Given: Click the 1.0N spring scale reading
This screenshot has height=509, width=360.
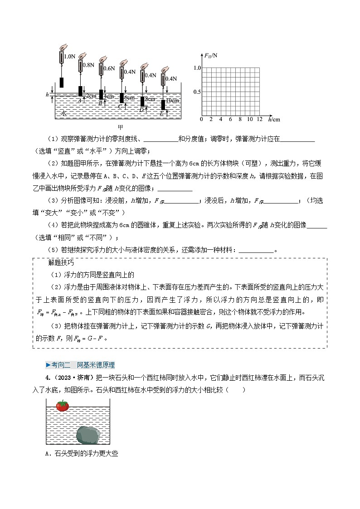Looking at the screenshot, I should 70,57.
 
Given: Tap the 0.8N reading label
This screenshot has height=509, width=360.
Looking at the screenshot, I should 89,65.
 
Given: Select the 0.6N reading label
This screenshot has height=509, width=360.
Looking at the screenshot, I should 109,68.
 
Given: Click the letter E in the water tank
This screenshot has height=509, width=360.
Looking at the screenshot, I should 161,113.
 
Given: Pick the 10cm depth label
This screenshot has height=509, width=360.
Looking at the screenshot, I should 172,100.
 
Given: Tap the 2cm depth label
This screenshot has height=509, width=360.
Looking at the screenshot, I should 91,96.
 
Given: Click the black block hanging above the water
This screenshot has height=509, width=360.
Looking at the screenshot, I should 61,83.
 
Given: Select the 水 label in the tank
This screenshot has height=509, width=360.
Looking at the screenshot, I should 63,111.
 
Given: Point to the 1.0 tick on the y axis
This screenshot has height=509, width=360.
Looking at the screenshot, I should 197,68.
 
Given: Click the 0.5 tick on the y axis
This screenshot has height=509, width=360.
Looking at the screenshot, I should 197,92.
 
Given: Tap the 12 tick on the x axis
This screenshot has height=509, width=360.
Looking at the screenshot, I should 259,120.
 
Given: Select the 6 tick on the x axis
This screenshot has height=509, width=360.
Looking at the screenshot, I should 230,120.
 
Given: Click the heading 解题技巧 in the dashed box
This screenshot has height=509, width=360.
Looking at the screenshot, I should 60,263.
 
